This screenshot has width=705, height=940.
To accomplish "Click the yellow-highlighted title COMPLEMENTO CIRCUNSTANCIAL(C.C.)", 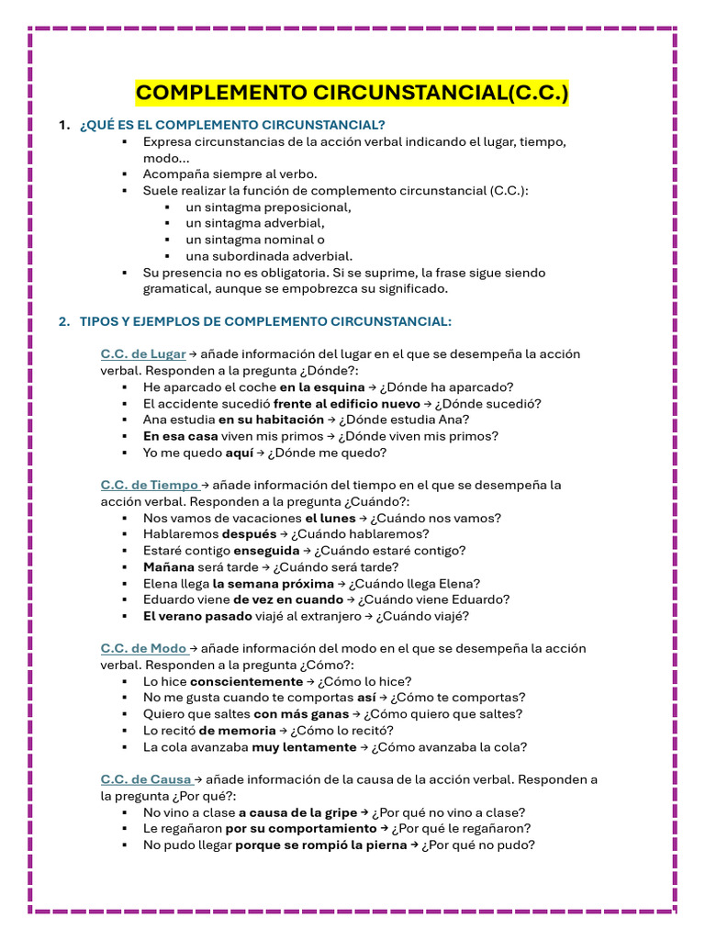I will pyautogui.click(x=352, y=93).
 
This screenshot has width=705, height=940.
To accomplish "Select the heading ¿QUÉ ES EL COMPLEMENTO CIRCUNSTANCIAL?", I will pyautogui.click(x=232, y=125).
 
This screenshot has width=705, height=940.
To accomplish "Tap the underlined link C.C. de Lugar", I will pyautogui.click(x=143, y=353).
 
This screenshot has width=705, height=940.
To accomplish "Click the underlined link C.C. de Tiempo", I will pyautogui.click(x=150, y=485).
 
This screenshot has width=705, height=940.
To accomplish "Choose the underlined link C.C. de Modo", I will pyautogui.click(x=145, y=648).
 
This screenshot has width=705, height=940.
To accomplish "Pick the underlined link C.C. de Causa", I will pyautogui.click(x=147, y=779).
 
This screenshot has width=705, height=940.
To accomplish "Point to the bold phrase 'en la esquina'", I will pyautogui.click(x=321, y=386).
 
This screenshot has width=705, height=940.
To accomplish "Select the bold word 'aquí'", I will pyautogui.click(x=240, y=453).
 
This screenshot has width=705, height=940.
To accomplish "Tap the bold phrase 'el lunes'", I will pyautogui.click(x=330, y=518).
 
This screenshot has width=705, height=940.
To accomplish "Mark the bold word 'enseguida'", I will pyautogui.click(x=266, y=551).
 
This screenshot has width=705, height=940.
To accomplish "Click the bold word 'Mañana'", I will pyautogui.click(x=168, y=567).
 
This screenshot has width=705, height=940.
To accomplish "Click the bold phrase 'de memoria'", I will pyautogui.click(x=237, y=731).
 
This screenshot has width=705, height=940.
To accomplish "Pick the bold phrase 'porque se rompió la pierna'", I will pyautogui.click(x=320, y=845).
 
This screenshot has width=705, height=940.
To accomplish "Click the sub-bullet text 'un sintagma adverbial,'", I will pyautogui.click(x=254, y=223).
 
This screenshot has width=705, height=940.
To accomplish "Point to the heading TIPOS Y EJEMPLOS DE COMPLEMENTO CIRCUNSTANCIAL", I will pyautogui.click(x=265, y=321).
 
